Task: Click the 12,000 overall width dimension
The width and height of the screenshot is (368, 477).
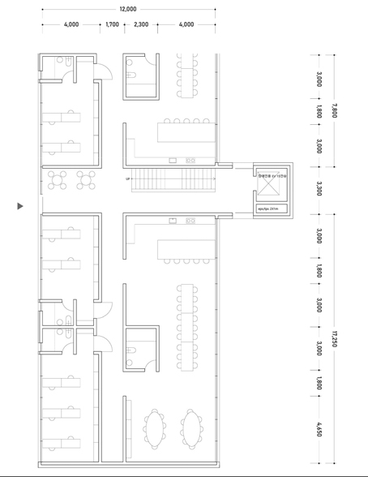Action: pyautogui.click(x=128, y=9)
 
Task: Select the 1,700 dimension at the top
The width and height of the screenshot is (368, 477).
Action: pyautogui.click(x=112, y=24)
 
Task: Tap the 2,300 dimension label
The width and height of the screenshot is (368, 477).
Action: pyautogui.click(x=141, y=24)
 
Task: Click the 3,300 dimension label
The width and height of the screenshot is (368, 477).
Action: pyautogui.click(x=319, y=188)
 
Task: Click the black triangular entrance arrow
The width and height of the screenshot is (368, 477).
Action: pyautogui.click(x=20, y=206)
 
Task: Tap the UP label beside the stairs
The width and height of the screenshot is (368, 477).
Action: pyautogui.click(x=127, y=178)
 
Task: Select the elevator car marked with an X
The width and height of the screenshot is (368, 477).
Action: pyautogui.click(x=267, y=188)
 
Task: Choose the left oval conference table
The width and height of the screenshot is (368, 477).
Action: pyautogui.click(x=154, y=428)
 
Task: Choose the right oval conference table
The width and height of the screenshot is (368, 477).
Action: pyautogui.click(x=191, y=428)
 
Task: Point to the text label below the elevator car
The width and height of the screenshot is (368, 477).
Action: pyautogui.click(x=267, y=208)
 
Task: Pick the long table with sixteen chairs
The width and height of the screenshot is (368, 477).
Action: pyautogui.click(x=187, y=324)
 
